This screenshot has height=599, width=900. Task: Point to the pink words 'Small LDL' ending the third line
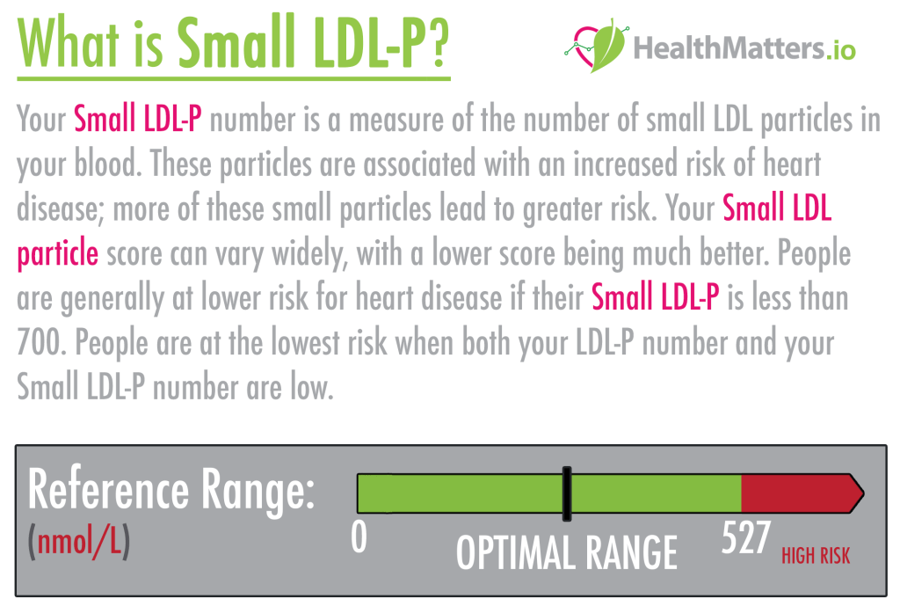pyautogui.click(x=777, y=209)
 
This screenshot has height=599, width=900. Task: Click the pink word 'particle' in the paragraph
pyautogui.click(x=57, y=254)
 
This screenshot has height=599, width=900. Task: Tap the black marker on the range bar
pyautogui.click(x=567, y=493)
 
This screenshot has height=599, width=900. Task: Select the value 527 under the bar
pyautogui.click(x=745, y=538)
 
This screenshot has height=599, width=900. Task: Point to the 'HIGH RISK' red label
pyautogui.click(x=815, y=556)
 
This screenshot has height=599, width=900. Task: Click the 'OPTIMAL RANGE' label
pyautogui.click(x=566, y=552)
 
